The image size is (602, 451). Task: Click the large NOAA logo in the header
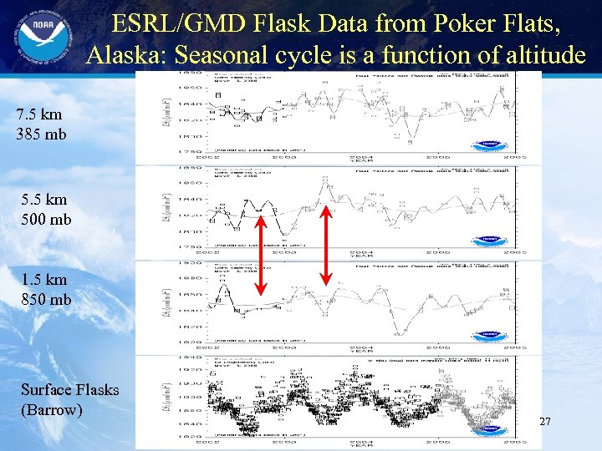(x=40, y=40)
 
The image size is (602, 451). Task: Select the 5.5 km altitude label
(x=44, y=200)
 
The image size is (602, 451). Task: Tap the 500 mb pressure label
(x=48, y=219)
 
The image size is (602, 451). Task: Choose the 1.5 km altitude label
(x=44, y=280)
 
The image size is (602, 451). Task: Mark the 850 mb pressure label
(x=48, y=298)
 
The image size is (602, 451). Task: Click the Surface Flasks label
(x=69, y=390)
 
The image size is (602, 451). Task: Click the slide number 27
(x=544, y=422)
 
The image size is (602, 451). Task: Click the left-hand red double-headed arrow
(x=260, y=256)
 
